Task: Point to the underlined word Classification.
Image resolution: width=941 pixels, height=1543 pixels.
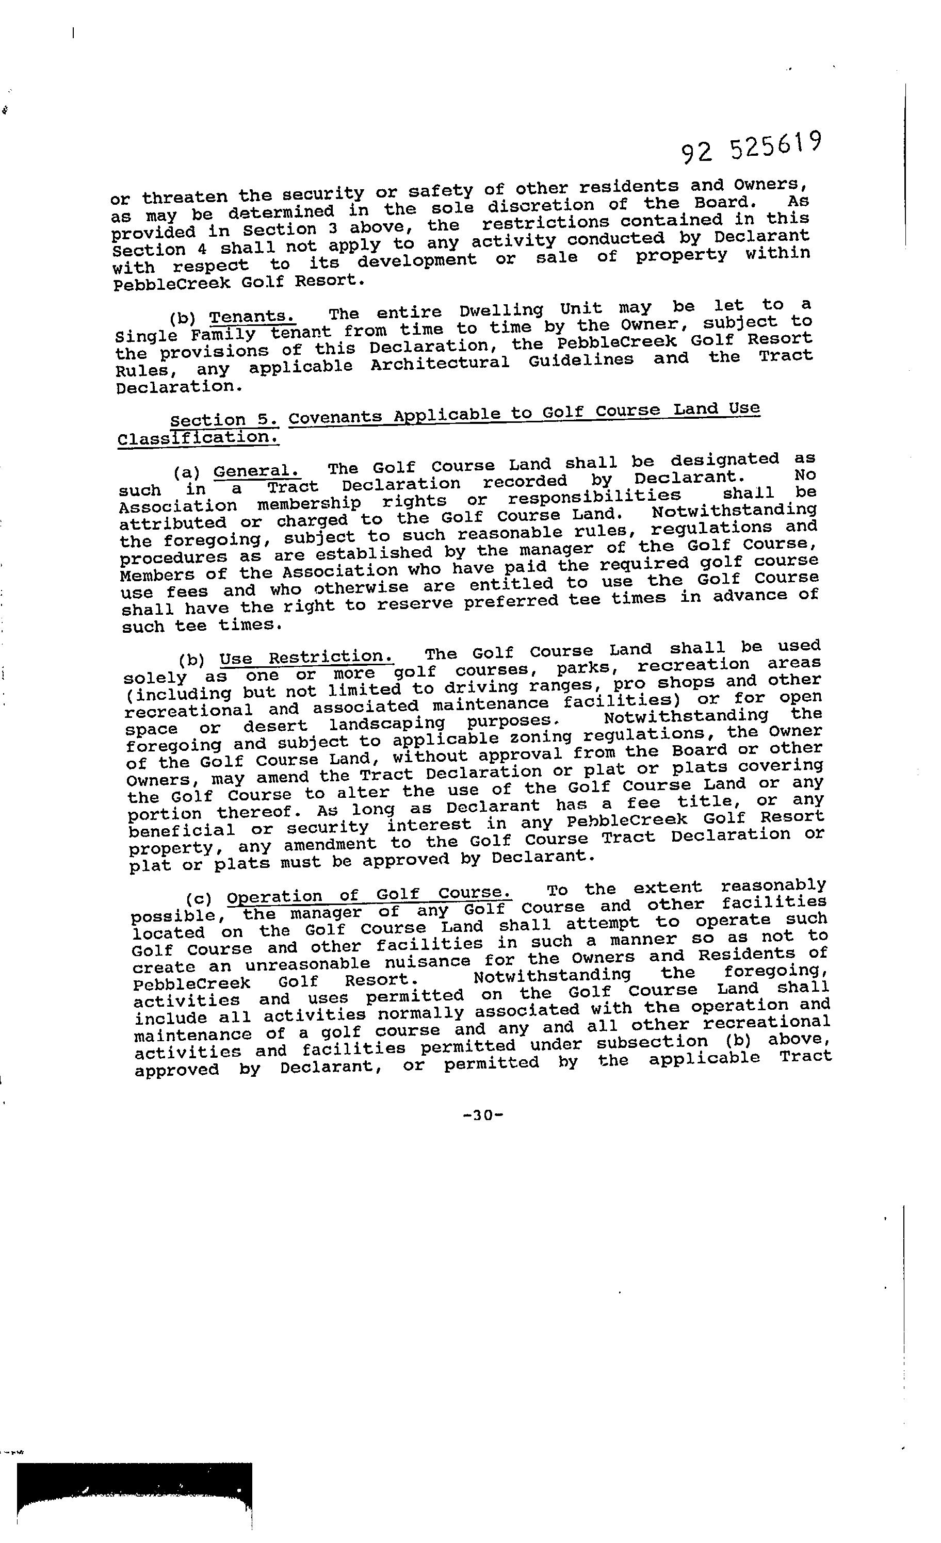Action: (x=198, y=437)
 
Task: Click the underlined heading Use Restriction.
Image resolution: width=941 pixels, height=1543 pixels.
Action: (x=306, y=658)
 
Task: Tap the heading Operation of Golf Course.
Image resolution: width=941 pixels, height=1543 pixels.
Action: (x=369, y=894)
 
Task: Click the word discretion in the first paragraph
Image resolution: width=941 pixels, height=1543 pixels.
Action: (x=541, y=205)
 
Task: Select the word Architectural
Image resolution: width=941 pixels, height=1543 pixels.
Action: (x=440, y=363)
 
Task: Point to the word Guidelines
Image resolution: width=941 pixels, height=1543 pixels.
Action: (x=581, y=360)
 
